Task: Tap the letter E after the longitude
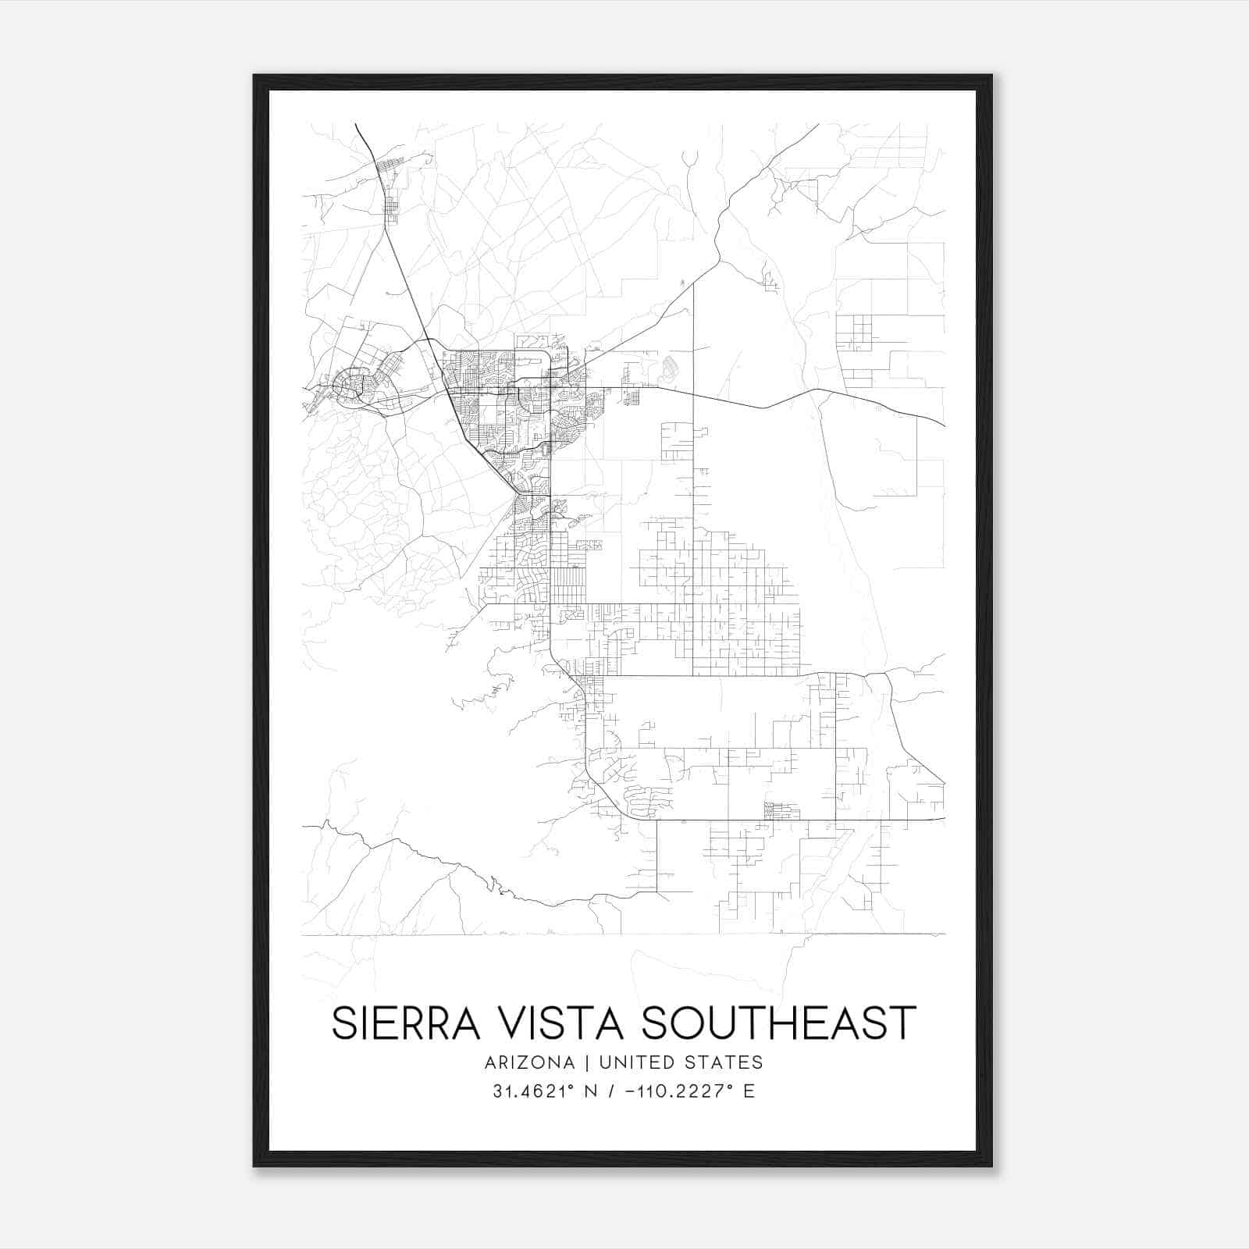pos(749,1091)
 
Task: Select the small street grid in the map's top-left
pos(388,187)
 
